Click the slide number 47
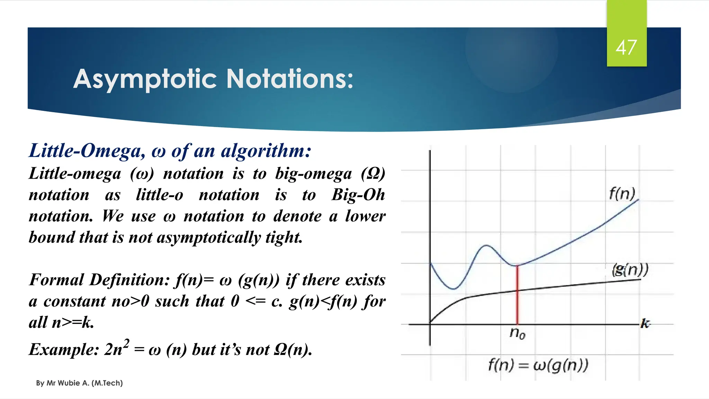coord(626,47)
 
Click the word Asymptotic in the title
coord(145,79)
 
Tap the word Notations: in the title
coord(290,79)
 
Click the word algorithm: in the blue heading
coord(266,151)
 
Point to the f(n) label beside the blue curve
coord(622,194)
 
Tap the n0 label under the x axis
coord(517,333)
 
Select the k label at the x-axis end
coord(645,323)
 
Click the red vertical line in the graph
coord(517,294)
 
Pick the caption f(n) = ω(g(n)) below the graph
coord(538,365)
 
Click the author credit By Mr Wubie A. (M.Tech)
coord(79,383)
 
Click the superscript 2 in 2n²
coord(126,343)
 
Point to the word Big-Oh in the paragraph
coord(358,195)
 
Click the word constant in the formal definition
coord(75,301)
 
